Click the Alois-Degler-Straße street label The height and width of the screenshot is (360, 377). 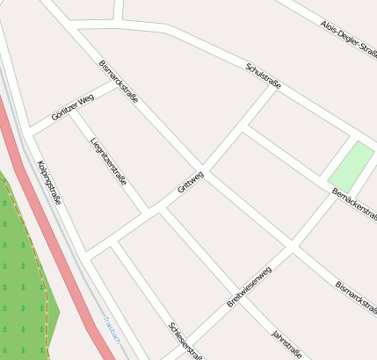[347, 40]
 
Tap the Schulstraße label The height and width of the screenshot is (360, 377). [264, 76]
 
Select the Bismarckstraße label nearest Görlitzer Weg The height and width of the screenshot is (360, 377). [119, 83]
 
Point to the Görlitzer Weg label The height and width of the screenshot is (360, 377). [72, 110]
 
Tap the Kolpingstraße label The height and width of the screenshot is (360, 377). [49, 182]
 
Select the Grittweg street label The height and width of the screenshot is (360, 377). [190, 182]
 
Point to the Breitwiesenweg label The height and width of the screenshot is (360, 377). [250, 285]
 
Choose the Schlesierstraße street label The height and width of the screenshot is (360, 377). [185, 341]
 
